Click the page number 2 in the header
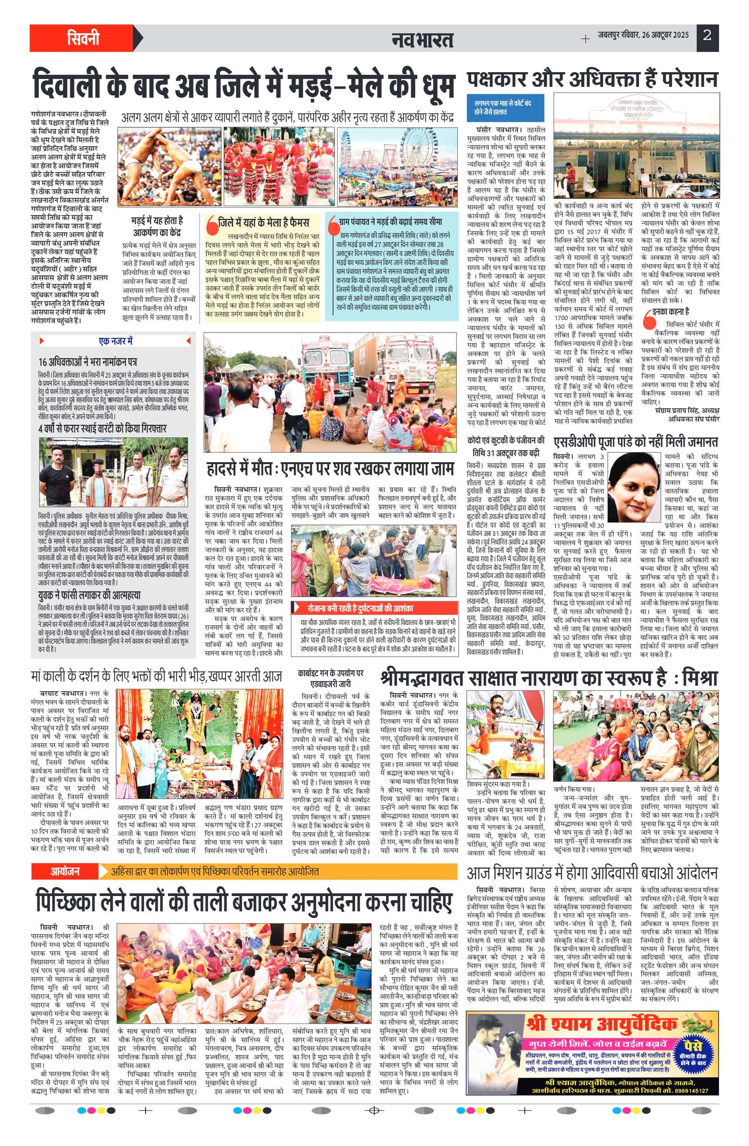707,36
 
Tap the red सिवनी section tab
83,38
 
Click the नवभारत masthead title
422,39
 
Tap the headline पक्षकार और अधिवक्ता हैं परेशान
592,80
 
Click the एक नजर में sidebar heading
115,341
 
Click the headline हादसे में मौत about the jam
330,468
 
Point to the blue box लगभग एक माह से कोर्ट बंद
507,107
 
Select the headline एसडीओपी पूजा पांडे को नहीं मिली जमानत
635,442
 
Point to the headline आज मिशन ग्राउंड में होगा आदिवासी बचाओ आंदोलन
592,873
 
